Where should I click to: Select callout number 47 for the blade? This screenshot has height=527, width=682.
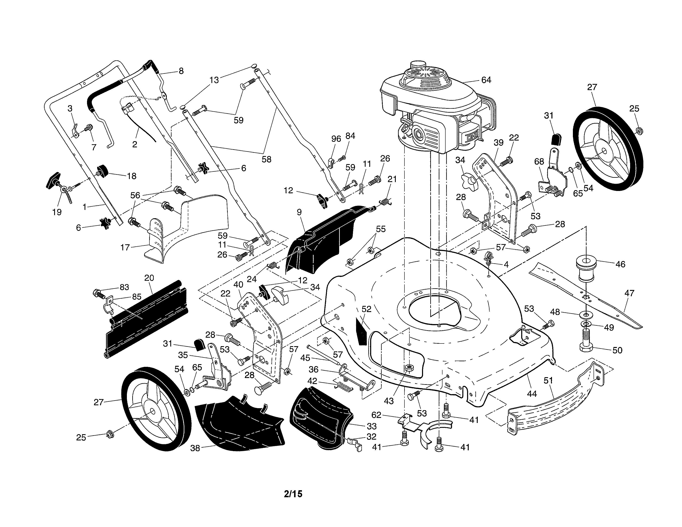pyautogui.click(x=629, y=293)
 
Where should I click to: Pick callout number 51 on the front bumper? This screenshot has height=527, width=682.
pyautogui.click(x=548, y=380)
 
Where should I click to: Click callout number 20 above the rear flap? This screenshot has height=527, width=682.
pyautogui.click(x=149, y=278)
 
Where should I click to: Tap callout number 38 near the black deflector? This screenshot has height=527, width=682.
pyautogui.click(x=195, y=448)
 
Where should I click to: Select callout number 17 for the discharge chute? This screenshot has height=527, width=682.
pyautogui.click(x=125, y=248)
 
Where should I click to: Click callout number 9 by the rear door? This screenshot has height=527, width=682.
pyautogui.click(x=299, y=212)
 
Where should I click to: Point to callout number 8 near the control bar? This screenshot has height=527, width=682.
pyautogui.click(x=181, y=71)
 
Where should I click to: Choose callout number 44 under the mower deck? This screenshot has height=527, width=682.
pyautogui.click(x=532, y=394)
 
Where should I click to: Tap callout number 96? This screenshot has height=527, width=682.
pyautogui.click(x=336, y=139)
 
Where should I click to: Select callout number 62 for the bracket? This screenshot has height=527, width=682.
pyautogui.click(x=376, y=415)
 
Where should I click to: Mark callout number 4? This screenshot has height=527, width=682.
pyautogui.click(x=506, y=265)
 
